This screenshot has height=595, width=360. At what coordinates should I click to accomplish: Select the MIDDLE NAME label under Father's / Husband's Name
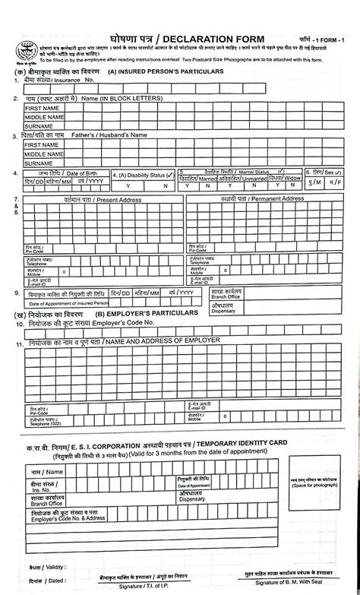[43, 153]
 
